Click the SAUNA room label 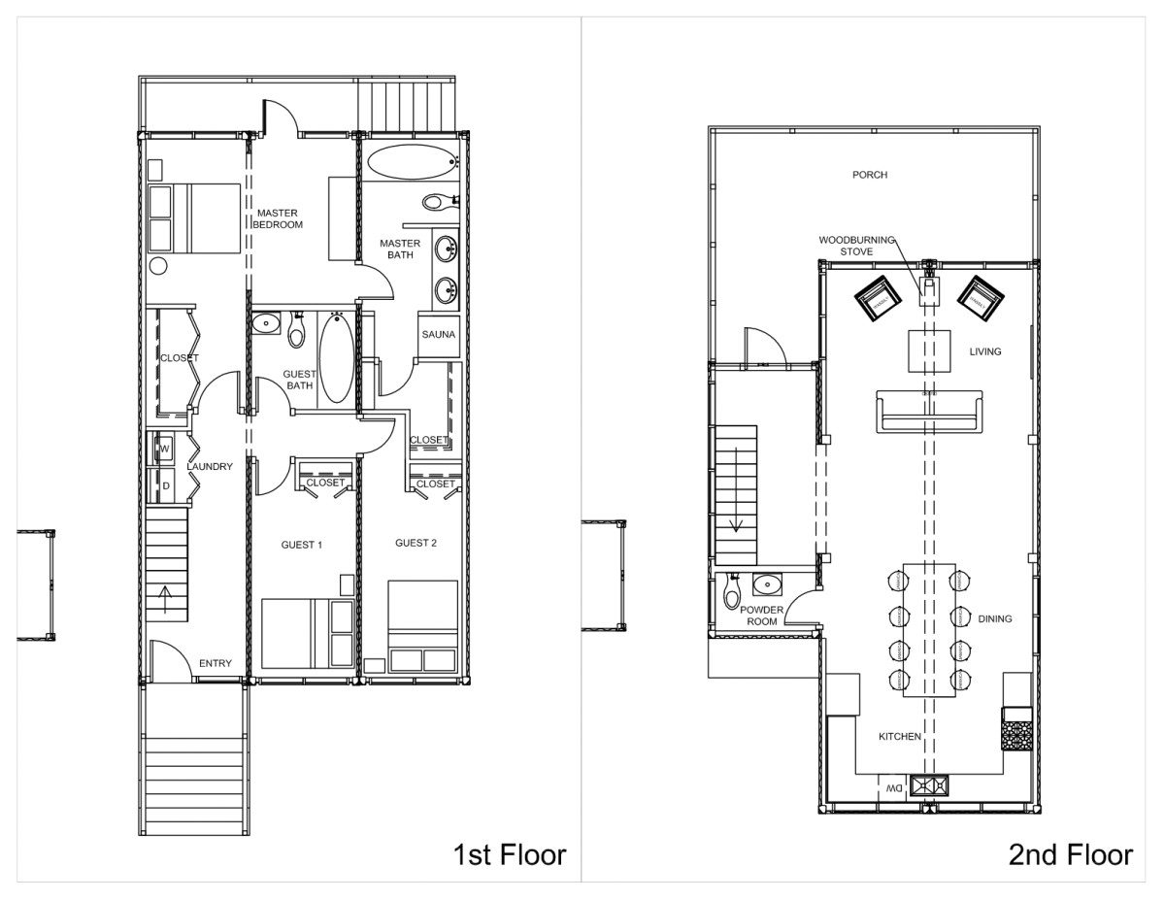tap(434, 335)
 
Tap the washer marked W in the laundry tap(164, 449)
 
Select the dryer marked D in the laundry tap(164, 484)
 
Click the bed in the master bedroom tap(194, 217)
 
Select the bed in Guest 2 tap(422, 626)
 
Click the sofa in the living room tap(929, 412)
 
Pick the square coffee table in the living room tap(929, 351)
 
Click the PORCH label tap(870, 176)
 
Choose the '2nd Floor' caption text tap(1070, 854)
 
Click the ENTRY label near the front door tap(215, 663)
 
